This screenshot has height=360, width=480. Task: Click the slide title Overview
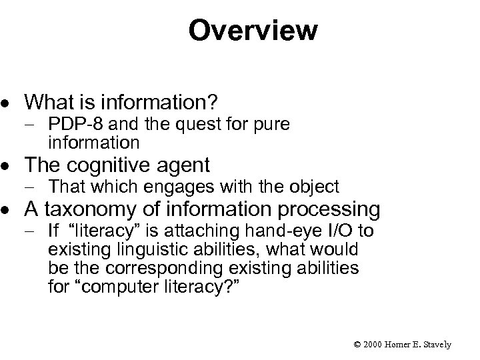(x=253, y=30)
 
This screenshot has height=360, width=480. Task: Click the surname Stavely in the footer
(x=436, y=345)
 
